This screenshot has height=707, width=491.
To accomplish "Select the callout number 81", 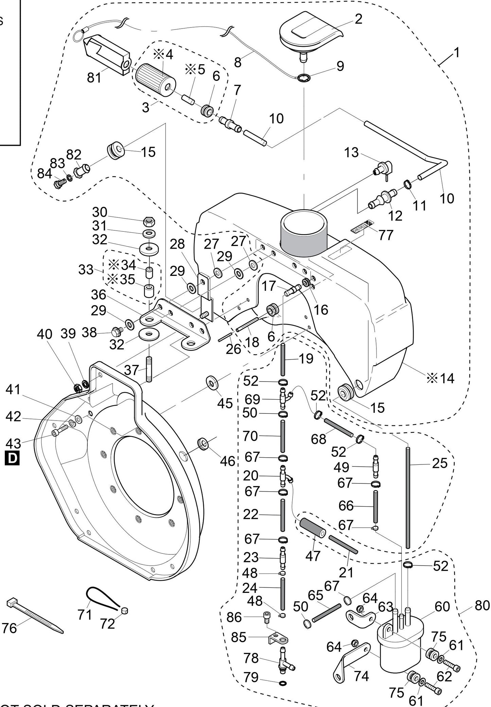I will click(94, 77).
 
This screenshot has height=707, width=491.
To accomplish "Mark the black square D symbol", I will click(12, 458).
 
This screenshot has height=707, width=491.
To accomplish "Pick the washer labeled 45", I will click(213, 383).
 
